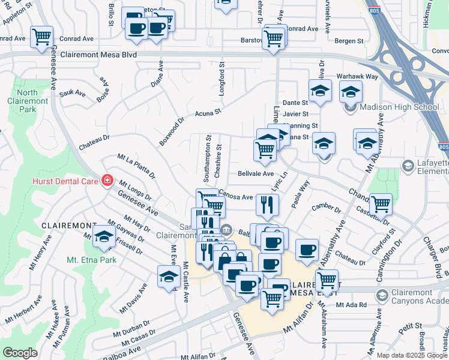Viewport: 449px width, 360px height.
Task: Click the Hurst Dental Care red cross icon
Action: (x=107, y=180)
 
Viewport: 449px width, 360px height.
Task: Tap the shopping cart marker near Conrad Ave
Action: (x=41, y=37)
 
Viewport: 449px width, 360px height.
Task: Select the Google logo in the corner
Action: (x=20, y=353)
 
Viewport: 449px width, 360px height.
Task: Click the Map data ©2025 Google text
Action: (x=411, y=355)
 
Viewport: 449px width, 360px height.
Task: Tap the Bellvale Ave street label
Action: (x=256, y=173)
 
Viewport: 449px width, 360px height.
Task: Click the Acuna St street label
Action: (x=208, y=112)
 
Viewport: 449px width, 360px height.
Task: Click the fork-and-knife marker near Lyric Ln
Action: (x=267, y=205)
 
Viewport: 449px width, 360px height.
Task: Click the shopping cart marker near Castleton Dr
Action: (x=381, y=204)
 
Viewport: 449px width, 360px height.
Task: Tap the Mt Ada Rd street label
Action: (x=351, y=305)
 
